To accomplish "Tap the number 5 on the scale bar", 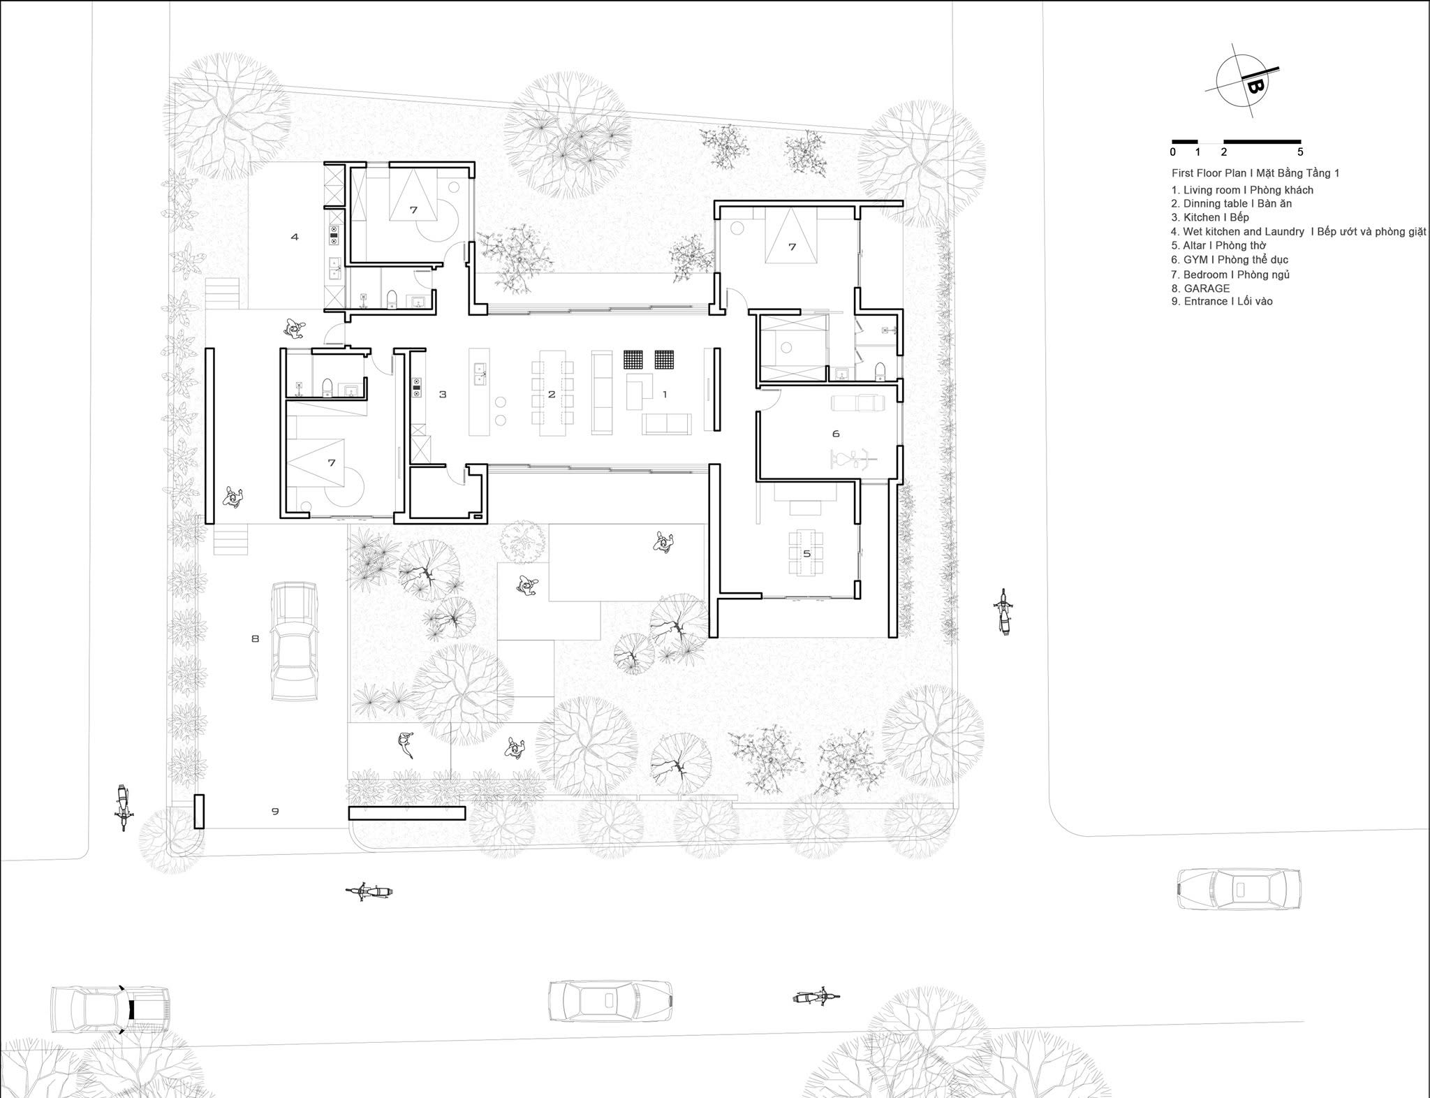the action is tap(1300, 152).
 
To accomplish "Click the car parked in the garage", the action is tap(295, 640).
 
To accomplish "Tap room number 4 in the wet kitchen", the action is tap(295, 237).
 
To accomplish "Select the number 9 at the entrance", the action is tap(275, 811).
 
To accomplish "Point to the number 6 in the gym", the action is tap(836, 434).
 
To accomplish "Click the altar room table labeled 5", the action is tap(806, 553).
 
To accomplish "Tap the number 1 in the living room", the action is tap(665, 395).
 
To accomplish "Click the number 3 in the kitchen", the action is tap(443, 395).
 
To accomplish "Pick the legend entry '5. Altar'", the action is tap(1219, 245).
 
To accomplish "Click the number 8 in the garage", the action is tap(255, 638).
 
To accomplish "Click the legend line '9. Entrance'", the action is tap(1222, 301).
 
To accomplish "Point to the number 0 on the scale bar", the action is tap(1173, 152).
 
